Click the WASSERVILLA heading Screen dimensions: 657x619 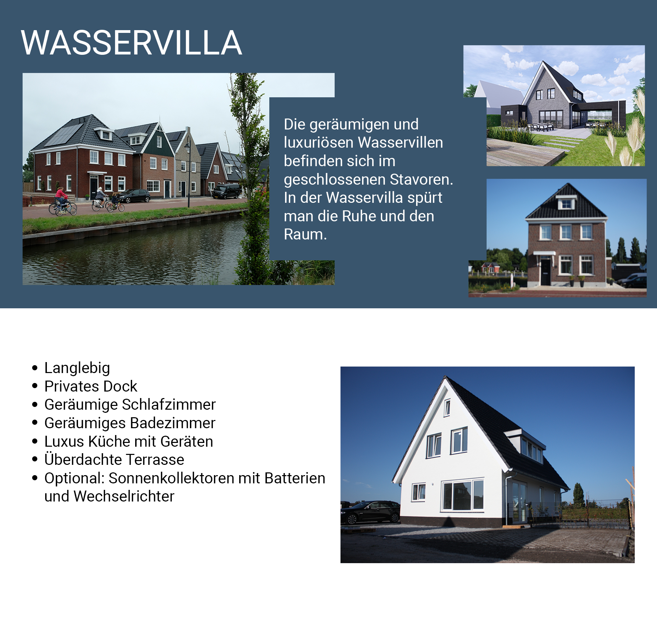click(131, 43)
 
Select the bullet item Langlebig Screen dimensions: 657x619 click(77, 368)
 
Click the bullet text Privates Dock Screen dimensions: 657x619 click(91, 386)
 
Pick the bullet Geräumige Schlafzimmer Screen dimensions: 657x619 click(130, 405)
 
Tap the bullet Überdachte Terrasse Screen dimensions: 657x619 click(114, 460)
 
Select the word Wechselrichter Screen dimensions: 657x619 click(124, 496)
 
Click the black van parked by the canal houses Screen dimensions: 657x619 click(227, 191)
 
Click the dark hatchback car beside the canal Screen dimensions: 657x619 click(135, 196)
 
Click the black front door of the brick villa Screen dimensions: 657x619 click(545, 272)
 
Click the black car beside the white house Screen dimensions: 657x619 click(370, 512)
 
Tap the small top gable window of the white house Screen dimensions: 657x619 click(447, 408)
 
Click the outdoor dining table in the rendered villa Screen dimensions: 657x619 click(541, 126)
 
